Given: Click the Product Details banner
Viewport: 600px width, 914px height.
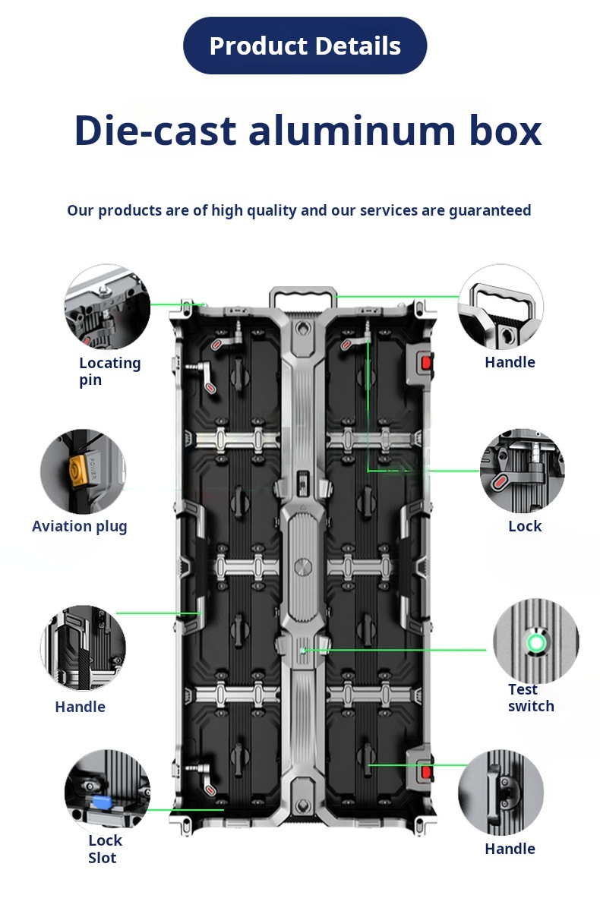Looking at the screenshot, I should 305,46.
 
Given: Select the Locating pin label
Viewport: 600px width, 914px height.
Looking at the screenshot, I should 109,371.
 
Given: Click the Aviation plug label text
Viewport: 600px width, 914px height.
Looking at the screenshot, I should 80,526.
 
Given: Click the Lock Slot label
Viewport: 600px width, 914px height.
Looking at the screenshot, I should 104,849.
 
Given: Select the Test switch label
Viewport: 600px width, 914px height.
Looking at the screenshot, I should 530,698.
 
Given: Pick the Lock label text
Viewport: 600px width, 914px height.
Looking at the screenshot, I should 525,526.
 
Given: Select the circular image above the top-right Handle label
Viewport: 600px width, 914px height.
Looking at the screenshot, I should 501,307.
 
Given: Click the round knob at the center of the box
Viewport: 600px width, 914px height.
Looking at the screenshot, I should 303,567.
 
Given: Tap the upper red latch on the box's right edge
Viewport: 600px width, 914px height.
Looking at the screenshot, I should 426,362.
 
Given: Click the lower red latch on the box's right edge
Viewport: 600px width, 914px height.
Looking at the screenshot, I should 426,772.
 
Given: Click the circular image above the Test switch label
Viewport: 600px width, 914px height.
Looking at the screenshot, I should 536,640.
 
